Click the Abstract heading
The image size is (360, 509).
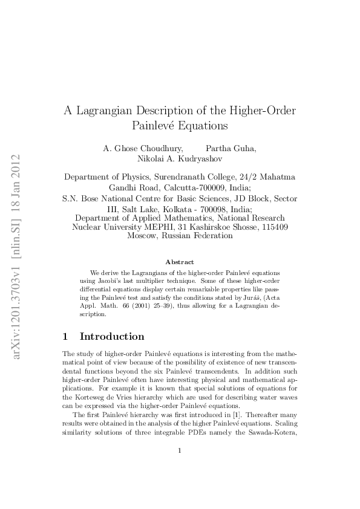pyautogui.click(x=180, y=262)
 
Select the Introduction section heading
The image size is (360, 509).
pyautogui.click(x=112, y=336)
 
